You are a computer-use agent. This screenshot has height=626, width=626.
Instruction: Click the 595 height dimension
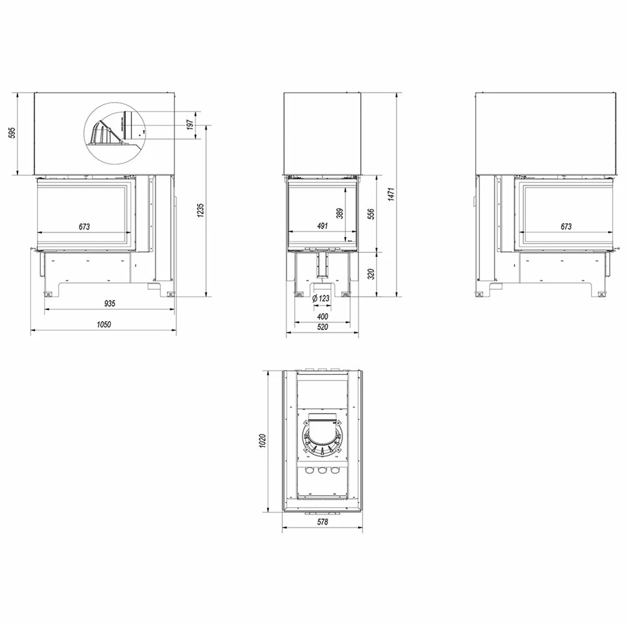click(12, 133)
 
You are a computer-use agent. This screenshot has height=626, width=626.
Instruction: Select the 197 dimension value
click(190, 125)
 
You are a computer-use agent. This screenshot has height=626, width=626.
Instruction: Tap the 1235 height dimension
click(200, 210)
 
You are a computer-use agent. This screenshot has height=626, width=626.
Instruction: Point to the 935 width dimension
click(110, 304)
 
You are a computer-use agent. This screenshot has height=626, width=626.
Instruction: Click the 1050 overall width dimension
click(104, 324)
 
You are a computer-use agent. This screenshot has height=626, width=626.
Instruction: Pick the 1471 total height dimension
click(392, 194)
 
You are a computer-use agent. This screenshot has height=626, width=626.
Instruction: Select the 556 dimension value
click(371, 215)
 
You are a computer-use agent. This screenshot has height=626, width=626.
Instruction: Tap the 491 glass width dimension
click(322, 226)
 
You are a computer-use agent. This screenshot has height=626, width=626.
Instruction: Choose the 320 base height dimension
click(371, 274)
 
